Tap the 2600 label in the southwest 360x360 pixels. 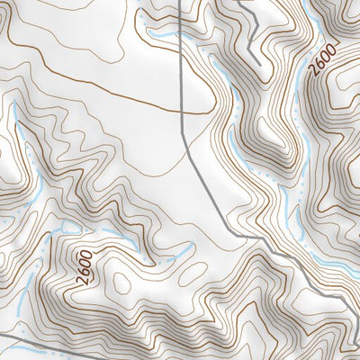click(x=85, y=267)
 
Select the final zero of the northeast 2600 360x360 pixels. click(x=333, y=47)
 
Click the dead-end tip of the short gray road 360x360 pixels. click(x=259, y=61)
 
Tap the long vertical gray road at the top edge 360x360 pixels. click(x=179, y=1)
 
